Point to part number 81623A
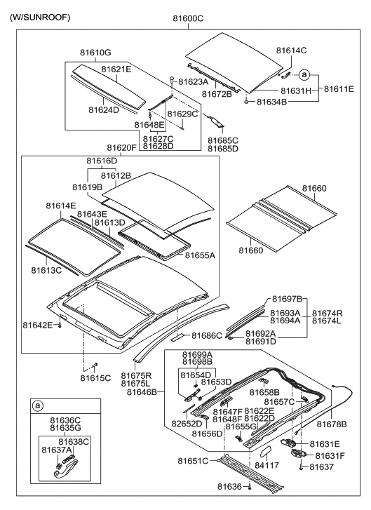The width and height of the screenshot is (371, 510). click(x=194, y=81)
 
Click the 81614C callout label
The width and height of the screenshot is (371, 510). click(x=292, y=51)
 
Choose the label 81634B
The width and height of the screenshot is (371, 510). click(x=270, y=102)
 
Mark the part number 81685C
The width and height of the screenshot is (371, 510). click(x=223, y=140)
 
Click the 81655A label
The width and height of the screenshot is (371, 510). click(x=200, y=255)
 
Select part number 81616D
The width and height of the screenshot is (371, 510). click(x=102, y=161)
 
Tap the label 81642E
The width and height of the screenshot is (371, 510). click(x=38, y=325)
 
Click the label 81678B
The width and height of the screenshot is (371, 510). click(x=332, y=424)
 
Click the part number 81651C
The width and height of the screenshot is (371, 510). click(x=194, y=461)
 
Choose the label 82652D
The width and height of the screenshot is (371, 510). click(x=188, y=424)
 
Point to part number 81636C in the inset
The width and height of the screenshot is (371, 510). click(x=67, y=420)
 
